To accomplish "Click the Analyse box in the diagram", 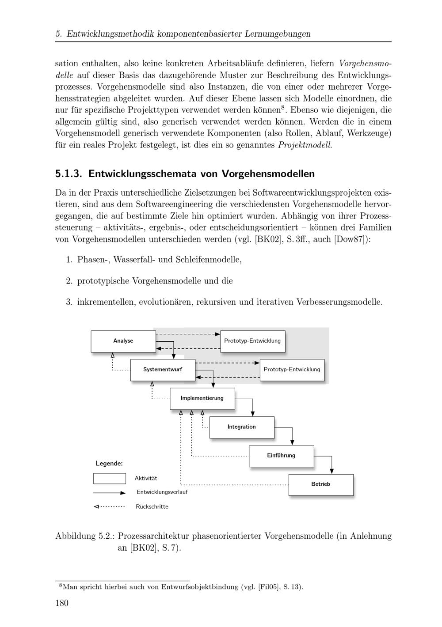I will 123,341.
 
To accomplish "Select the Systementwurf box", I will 162,370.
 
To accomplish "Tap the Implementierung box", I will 202,398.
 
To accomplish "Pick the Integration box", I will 241,427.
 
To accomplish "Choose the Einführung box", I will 281,456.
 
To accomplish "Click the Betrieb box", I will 320,484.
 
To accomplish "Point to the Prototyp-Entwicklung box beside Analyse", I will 252,341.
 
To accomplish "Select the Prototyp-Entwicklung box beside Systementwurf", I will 292,370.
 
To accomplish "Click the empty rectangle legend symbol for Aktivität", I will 109,479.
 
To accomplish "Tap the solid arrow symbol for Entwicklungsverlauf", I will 109,492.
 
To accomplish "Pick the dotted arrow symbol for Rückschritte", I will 109,506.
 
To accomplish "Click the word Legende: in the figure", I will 109,464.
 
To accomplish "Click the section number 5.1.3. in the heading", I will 69,174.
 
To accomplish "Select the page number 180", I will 62,603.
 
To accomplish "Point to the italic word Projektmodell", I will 305,145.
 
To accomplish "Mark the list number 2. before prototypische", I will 69,281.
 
